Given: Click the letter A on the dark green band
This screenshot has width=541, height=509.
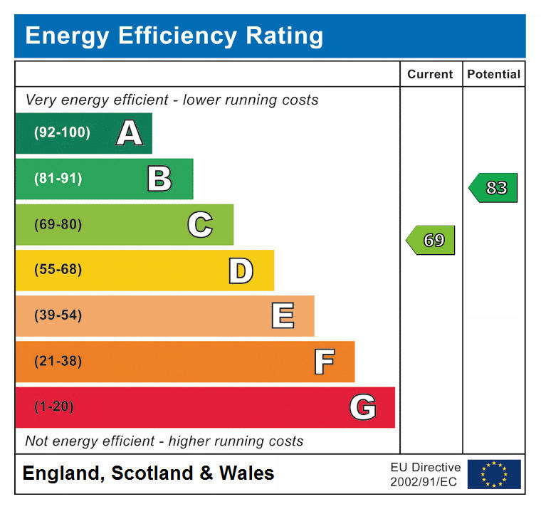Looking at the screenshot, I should tap(129, 133).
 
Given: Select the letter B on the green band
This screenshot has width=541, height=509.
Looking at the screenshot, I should tap(159, 179).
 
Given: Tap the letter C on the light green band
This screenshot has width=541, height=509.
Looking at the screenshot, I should tap(200, 225).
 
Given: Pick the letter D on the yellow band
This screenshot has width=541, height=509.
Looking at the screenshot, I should tap(241, 271).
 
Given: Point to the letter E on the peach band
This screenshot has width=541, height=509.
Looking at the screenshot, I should tap(283, 316).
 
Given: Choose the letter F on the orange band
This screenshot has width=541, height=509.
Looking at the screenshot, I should tap(324, 362).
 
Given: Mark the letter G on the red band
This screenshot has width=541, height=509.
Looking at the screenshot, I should tap(362, 407).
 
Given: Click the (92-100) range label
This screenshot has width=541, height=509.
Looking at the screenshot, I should tap(63, 133).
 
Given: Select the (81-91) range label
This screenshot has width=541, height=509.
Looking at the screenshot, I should tap(58, 179).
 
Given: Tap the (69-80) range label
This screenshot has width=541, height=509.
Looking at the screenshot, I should tap(58, 225).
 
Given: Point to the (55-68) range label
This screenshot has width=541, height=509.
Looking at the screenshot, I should tap(58, 271).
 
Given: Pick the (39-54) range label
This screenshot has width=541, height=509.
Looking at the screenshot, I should tap(58, 316).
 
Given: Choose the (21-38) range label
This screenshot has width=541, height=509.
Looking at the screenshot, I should tap(58, 362).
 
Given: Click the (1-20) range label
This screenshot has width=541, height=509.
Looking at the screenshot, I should tap(54, 407).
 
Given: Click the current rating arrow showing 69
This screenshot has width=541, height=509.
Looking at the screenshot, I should tap(431, 241).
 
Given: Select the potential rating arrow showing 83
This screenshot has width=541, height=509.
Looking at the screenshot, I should tap(493, 188).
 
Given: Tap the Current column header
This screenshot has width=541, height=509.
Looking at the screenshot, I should tap(430, 74).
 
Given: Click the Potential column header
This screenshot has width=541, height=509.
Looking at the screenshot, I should tap(493, 74).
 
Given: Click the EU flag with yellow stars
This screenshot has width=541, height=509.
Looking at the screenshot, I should tap(493, 474).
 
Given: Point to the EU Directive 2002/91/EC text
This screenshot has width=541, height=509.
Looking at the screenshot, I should tap(425, 474).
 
